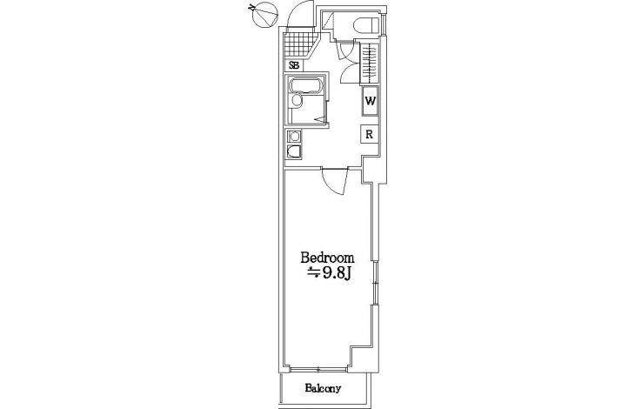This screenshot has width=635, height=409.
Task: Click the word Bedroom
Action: [327, 258]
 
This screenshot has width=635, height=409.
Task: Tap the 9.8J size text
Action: [330, 273]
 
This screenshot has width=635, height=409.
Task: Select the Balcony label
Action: [323, 389]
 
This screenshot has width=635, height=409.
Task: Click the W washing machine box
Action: [370, 101]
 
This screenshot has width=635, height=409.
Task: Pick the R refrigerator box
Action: [370, 134]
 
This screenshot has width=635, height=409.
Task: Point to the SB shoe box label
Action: [294, 65]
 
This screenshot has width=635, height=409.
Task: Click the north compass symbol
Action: [264, 14]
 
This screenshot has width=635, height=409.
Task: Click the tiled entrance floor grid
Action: [298, 46]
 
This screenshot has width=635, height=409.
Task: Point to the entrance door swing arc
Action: [300, 17]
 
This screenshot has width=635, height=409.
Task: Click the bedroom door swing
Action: [335, 181]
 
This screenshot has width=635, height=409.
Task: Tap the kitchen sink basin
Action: [294, 151]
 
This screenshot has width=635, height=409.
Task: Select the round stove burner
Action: [294, 136]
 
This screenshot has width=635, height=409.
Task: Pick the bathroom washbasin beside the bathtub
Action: [296, 101]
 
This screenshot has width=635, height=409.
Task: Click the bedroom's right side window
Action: [376, 283]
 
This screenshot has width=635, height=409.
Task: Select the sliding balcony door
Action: [318, 368]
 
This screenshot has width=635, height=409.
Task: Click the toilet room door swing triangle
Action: [328, 20]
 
